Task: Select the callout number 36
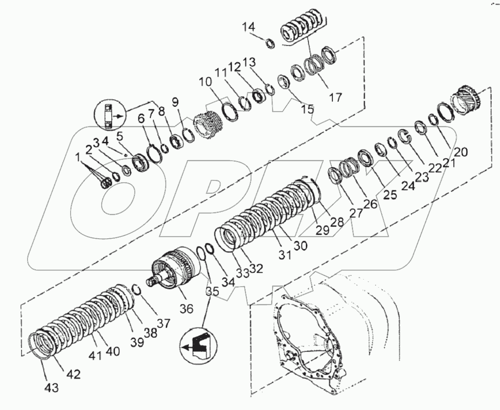click(186, 309)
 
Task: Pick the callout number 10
click(204, 82)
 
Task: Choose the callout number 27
click(356, 213)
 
